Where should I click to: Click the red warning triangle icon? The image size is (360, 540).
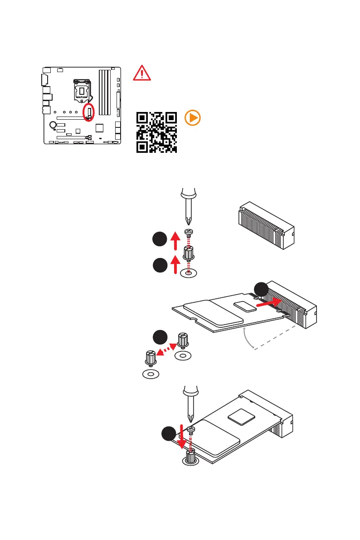coord(142,73)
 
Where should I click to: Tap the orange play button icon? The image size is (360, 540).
coord(192,118)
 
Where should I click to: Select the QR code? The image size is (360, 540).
coord(156,132)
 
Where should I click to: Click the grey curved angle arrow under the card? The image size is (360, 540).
coord(247,338)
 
